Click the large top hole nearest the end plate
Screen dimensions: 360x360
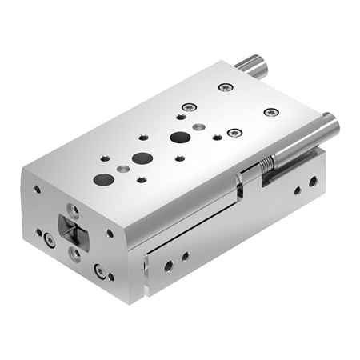click(102, 179)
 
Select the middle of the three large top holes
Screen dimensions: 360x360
click(142, 158)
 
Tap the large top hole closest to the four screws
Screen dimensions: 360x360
click(180, 137)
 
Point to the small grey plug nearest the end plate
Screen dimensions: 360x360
click(122, 170)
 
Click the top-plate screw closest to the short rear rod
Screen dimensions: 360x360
click(225, 87)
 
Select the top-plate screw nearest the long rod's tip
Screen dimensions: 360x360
click(271, 111)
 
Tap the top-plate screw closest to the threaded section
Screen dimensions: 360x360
click(234, 132)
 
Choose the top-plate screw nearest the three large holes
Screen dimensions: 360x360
click(188, 107)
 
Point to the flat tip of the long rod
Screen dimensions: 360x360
click(331, 125)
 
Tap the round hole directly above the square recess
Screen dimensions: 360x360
click(73, 210)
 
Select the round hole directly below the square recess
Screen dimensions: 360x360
click(74, 254)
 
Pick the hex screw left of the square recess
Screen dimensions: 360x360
click(50, 239)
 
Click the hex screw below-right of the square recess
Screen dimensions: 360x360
click(100, 270)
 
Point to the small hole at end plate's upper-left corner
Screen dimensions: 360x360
click(37, 190)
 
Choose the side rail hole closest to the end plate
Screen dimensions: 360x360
click(169, 265)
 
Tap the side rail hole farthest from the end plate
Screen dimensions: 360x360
click(313, 182)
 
